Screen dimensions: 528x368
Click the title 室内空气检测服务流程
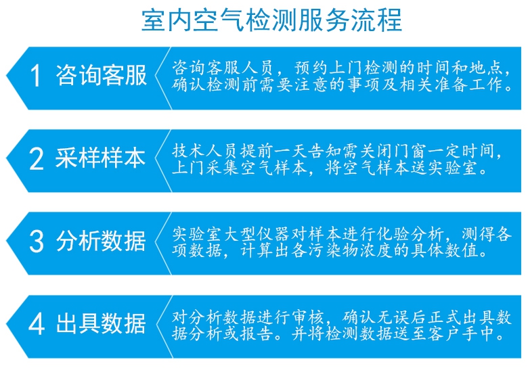click(x=271, y=20)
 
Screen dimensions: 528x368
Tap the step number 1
click(x=35, y=75)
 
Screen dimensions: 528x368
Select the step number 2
click(x=37, y=158)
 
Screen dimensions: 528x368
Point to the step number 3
click(x=37, y=241)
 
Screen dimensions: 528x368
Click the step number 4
click(x=37, y=324)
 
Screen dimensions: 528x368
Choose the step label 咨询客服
click(x=101, y=75)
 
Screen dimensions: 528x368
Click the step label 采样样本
click(x=101, y=158)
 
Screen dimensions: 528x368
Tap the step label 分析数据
click(x=101, y=241)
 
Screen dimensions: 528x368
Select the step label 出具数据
click(x=101, y=324)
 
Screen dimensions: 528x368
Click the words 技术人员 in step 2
click(x=205, y=151)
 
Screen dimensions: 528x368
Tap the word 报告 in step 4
click(x=257, y=333)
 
